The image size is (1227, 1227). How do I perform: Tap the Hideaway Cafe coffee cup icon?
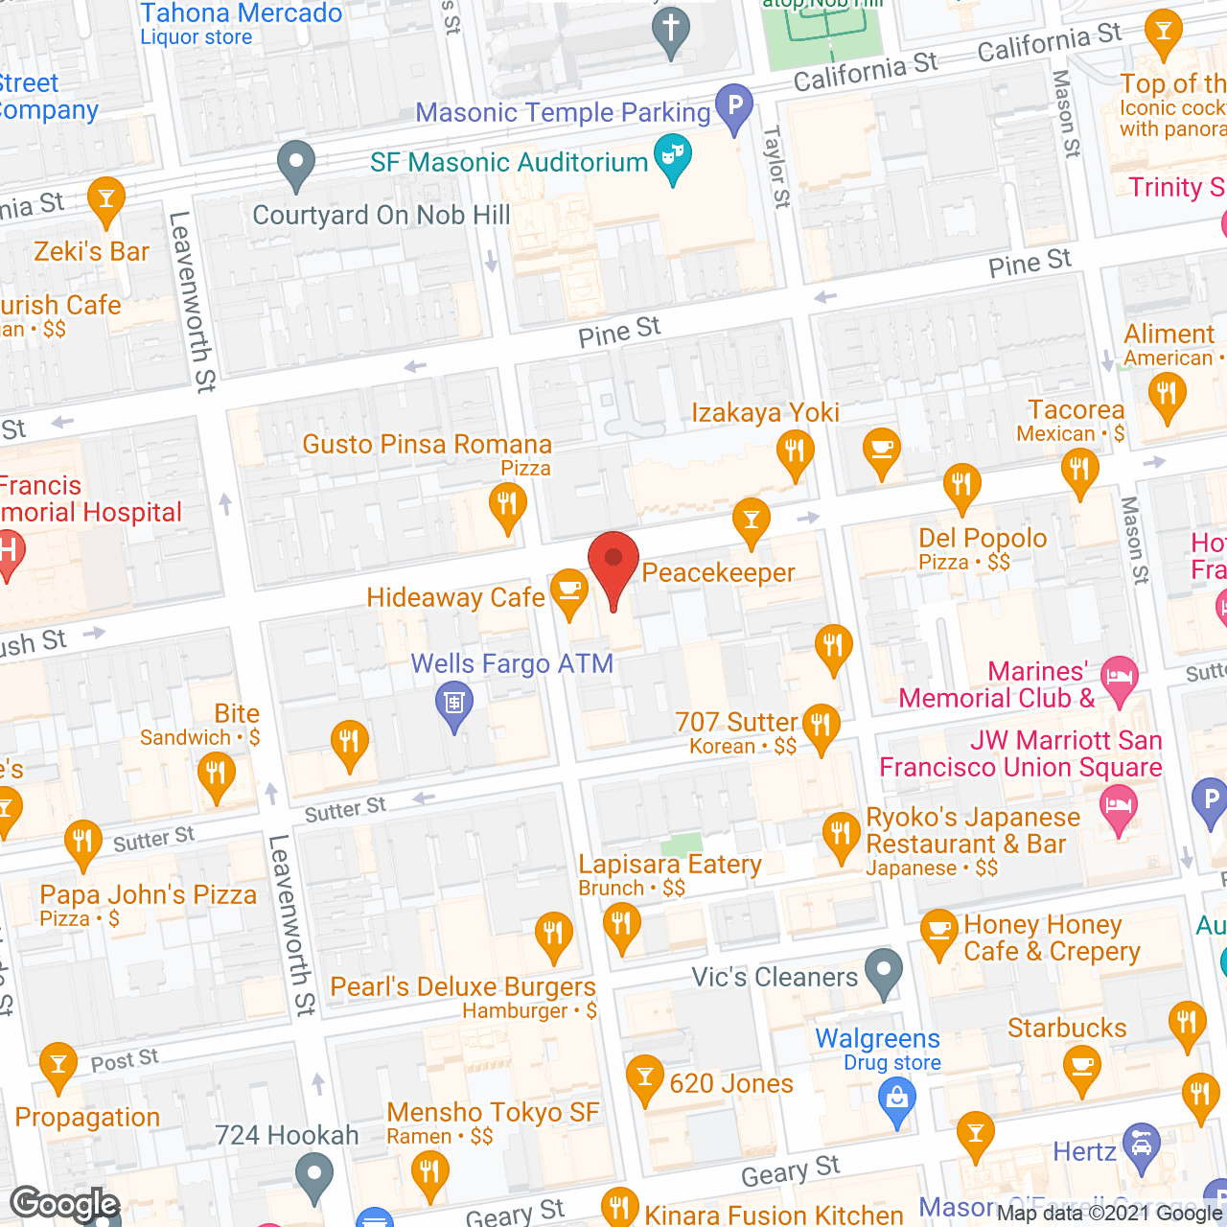[x=568, y=591]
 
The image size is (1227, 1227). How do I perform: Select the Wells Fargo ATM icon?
[x=454, y=704]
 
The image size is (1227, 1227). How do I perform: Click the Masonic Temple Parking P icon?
[x=734, y=106]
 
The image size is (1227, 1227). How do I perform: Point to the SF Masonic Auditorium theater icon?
[x=673, y=157]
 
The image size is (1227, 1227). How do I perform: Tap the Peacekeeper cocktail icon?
[x=752, y=521]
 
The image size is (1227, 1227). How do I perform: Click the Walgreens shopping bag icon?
[x=897, y=1099]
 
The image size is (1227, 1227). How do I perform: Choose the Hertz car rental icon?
[x=1141, y=1146]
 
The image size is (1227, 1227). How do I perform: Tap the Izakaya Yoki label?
[x=765, y=412]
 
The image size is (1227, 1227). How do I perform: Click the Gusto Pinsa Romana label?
[x=428, y=445]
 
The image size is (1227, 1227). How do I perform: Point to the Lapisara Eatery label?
[x=670, y=865]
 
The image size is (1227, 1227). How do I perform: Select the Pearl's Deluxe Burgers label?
[x=463, y=987]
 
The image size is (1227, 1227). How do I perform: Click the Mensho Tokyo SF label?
[x=493, y=1112]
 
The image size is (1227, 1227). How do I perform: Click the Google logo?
[x=64, y=1204]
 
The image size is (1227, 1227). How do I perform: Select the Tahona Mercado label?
[x=241, y=13]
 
